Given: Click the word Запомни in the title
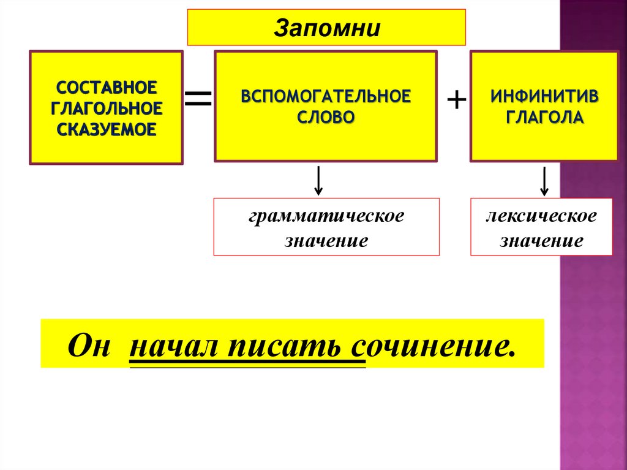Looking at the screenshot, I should click(326, 28).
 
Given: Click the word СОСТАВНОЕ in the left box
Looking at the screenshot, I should click(106, 86).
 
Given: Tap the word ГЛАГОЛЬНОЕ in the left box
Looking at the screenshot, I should click(106, 107).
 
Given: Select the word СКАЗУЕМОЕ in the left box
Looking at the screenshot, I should click(106, 129).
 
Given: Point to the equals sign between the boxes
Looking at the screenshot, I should click(198, 98).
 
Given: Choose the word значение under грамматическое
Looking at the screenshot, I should click(326, 240).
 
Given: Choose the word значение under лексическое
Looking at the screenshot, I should click(541, 240).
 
